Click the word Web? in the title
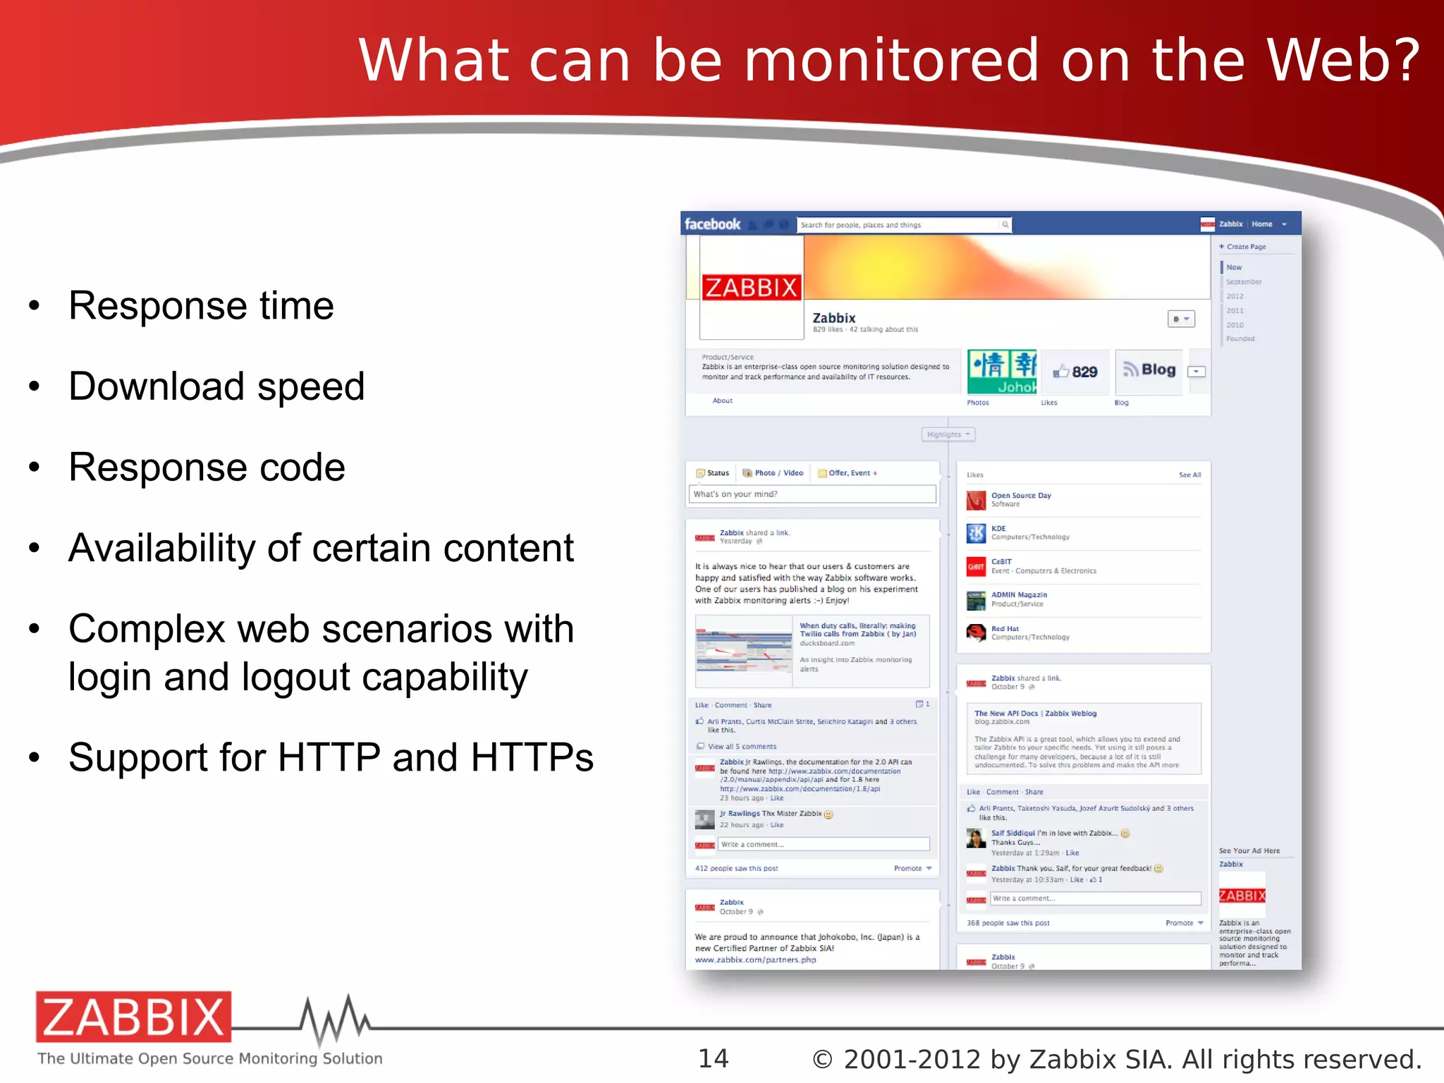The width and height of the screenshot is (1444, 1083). [1343, 61]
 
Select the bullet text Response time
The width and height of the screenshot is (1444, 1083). [201, 306]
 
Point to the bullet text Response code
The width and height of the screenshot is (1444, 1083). [207, 467]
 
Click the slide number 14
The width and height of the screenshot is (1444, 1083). [713, 1058]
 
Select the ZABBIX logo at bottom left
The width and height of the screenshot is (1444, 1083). [134, 1017]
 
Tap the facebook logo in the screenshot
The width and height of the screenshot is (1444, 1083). [712, 224]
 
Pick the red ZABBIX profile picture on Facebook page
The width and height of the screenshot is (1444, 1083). [752, 288]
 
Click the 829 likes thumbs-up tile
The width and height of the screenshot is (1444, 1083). [1075, 372]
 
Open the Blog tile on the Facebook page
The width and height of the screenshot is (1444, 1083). [1149, 370]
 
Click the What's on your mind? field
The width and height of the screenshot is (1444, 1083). [812, 494]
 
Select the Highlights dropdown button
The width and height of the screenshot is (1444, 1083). [948, 434]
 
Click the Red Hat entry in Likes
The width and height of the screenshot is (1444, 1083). [1005, 629]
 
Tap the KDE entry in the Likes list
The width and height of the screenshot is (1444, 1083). [998, 529]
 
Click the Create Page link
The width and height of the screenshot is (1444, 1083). [1245, 247]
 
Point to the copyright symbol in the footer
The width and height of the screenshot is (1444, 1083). [822, 1060]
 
